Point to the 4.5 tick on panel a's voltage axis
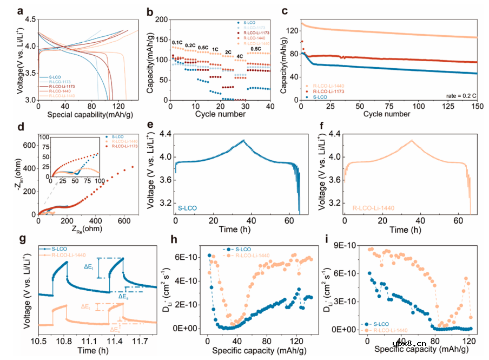(30, 19)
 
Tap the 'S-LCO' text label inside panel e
(190, 208)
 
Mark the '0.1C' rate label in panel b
(177, 42)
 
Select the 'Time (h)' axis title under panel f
(413, 230)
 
